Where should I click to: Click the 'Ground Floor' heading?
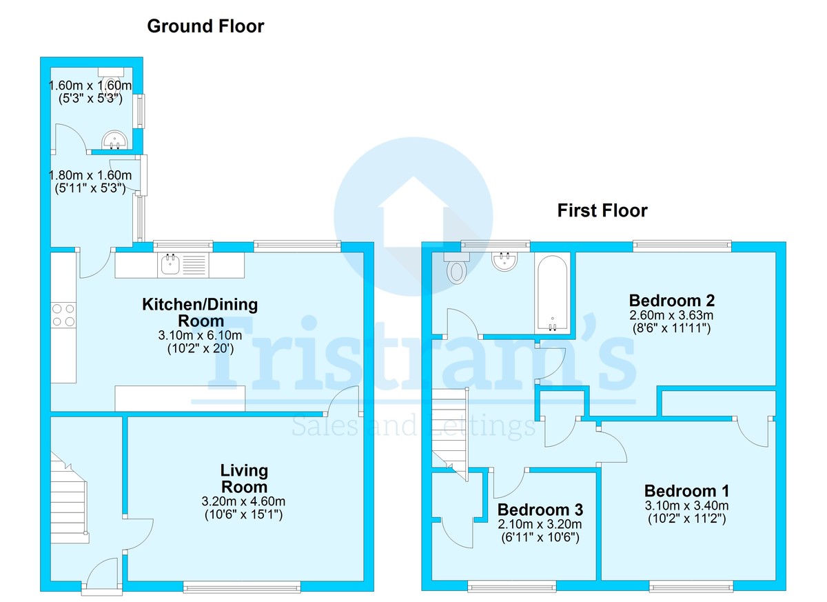pos(205,27)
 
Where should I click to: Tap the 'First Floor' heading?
pos(602,210)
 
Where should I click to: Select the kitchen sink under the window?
pos(170,265)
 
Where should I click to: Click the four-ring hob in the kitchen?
pos(63,315)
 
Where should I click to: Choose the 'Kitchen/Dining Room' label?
pos(191,312)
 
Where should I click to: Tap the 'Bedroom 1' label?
pos(686,491)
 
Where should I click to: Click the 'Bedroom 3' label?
pos(540,510)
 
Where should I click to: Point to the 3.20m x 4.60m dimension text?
pos(244,501)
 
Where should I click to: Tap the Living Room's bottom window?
pos(242,588)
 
